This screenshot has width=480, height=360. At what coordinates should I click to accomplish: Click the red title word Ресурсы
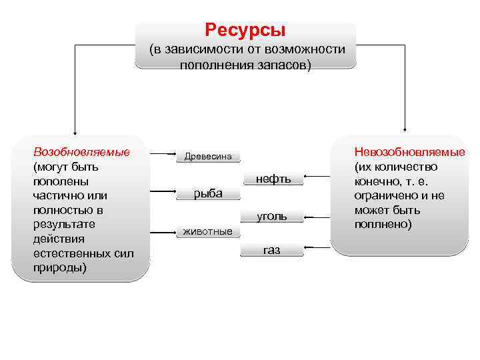(245, 30)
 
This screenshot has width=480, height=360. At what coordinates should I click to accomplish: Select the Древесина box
(208, 157)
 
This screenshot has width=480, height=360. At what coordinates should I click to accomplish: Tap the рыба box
(208, 193)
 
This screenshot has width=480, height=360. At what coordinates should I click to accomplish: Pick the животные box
(208, 232)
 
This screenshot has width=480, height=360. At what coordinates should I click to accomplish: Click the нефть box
(273, 179)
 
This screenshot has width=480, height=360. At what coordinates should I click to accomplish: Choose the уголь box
(273, 216)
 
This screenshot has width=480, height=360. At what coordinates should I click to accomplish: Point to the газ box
(272, 251)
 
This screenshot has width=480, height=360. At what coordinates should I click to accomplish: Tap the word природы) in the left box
(60, 268)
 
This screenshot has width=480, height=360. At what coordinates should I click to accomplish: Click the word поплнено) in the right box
(384, 225)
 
